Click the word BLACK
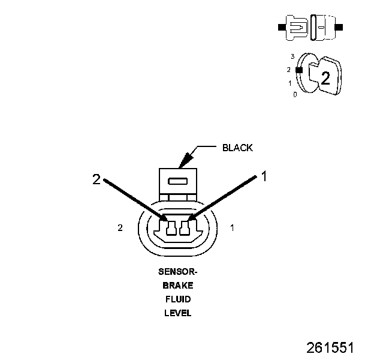pos(237,148)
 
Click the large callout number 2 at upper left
pos(96,178)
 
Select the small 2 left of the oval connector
pos(120,228)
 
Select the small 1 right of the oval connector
pos(233,228)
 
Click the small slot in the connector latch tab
pos(178,181)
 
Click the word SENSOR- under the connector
pos(178,272)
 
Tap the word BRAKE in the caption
pos(178,286)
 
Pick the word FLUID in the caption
pos(178,299)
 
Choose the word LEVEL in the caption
pos(178,313)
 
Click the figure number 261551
pos(330,348)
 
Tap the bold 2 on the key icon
pos(325,78)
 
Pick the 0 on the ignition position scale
pos(295,95)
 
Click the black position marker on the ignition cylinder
pos(298,70)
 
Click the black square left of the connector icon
pos(281,28)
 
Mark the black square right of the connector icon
pos(340,28)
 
